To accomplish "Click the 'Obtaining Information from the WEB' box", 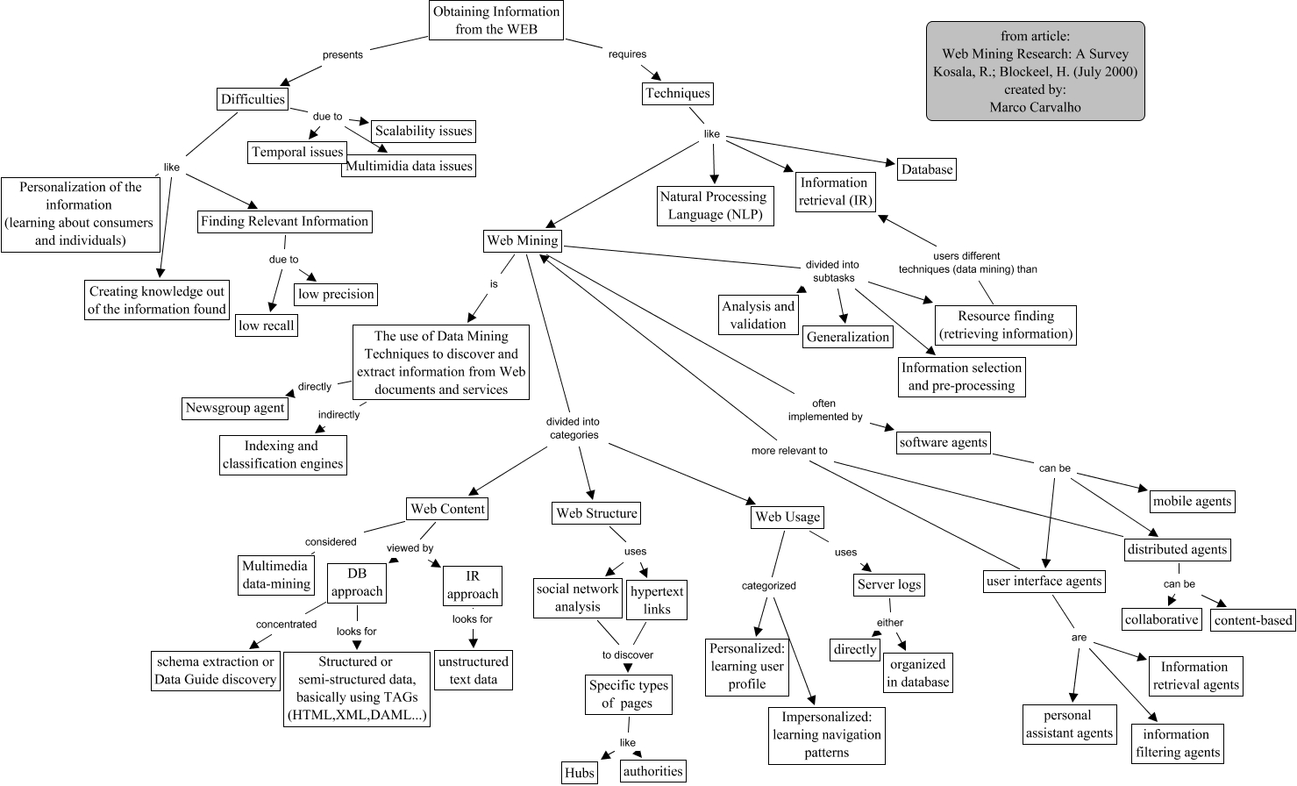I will click(x=495, y=20).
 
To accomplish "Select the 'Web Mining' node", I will click(x=523, y=240).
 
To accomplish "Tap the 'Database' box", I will click(x=926, y=169).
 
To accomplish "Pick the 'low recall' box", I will click(x=267, y=325).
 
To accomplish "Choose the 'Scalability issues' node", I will click(x=424, y=132).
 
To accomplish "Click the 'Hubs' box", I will click(x=580, y=773).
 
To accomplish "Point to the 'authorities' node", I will click(x=652, y=771).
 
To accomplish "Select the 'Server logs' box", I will click(x=889, y=584).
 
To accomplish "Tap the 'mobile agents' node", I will click(x=1192, y=501).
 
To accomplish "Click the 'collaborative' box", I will click(x=1161, y=619).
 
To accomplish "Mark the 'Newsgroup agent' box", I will click(x=235, y=408).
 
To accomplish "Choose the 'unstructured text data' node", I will click(x=473, y=670).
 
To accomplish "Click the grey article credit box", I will click(x=1035, y=71).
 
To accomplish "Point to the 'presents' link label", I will click(x=342, y=55).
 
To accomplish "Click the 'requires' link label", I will click(x=627, y=54).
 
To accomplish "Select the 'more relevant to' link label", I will click(x=789, y=451).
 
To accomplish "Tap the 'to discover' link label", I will click(x=627, y=655).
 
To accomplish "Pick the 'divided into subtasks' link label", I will click(x=832, y=271).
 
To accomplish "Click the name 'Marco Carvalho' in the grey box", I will click(x=1035, y=107).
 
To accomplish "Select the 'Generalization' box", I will click(x=847, y=337).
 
